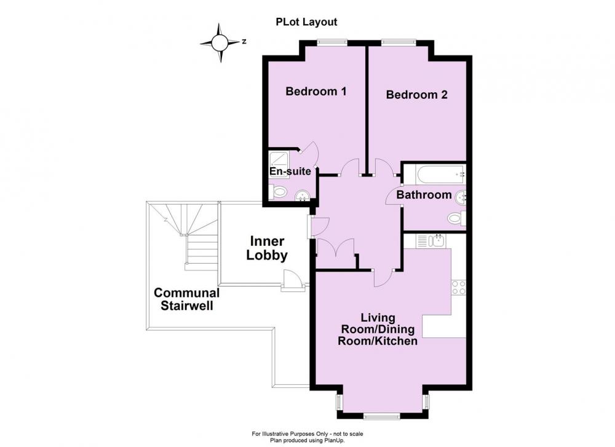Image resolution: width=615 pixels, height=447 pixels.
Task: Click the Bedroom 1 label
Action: pyautogui.click(x=315, y=92)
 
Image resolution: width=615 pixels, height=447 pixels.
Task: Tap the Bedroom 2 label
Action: pyautogui.click(x=416, y=95)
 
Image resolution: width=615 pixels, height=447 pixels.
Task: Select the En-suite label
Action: pyautogui.click(x=290, y=172)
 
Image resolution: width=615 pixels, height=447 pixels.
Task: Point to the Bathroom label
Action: pyautogui.click(x=424, y=194)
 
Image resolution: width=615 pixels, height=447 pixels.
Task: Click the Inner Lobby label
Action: pyautogui.click(x=267, y=248)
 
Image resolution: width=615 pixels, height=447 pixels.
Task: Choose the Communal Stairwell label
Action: pyautogui.click(x=187, y=299)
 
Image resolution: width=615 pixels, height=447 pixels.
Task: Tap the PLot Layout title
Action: pyautogui.click(x=306, y=22)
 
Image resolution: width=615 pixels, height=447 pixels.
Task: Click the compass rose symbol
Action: pyautogui.click(x=220, y=42)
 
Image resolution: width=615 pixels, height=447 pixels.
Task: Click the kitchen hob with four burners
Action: pyautogui.click(x=459, y=287)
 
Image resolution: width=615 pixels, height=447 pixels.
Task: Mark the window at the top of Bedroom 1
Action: pyautogui.click(x=333, y=41)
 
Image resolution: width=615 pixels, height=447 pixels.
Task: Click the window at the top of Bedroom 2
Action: pyautogui.click(x=399, y=41)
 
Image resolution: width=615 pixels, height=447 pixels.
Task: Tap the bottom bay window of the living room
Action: pyautogui.click(x=379, y=416)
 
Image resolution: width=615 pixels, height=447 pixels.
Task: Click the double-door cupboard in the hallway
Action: pyautogui.click(x=336, y=254)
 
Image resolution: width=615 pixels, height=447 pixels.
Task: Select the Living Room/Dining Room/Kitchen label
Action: pyautogui.click(x=378, y=330)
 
